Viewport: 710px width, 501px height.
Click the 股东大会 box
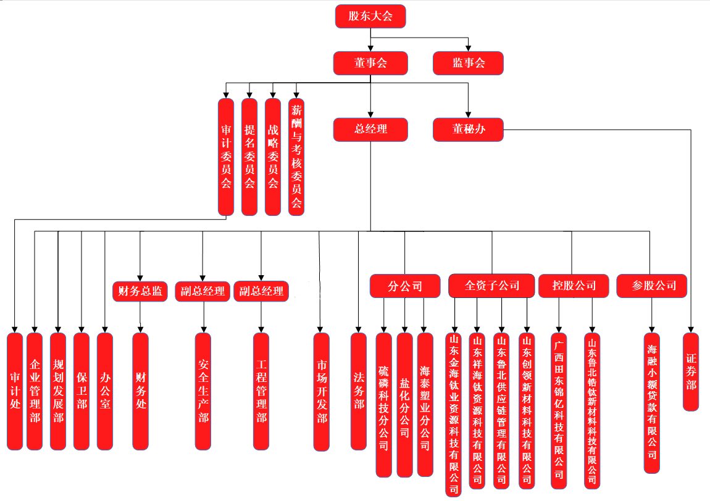click(370, 16)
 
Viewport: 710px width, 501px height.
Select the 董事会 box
click(370, 63)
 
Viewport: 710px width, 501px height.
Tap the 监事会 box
click(468, 63)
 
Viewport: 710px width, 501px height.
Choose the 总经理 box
click(370, 130)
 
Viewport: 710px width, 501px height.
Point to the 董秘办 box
click(468, 130)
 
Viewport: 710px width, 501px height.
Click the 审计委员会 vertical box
click(226, 157)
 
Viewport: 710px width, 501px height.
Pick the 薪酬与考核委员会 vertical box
click(296, 157)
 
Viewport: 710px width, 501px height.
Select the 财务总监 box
click(140, 291)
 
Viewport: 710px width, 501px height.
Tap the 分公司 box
click(405, 286)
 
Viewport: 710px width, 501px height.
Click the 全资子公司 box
click(491, 286)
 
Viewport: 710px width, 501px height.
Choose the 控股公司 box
click(574, 286)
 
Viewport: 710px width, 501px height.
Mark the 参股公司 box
click(651, 286)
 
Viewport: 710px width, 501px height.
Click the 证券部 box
click(691, 371)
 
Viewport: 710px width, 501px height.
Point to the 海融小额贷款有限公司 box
click(652, 403)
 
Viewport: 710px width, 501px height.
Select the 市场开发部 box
click(321, 392)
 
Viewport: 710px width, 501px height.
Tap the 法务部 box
click(359, 391)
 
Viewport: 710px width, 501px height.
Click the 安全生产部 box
click(203, 392)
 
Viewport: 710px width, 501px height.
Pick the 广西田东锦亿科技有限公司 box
click(559, 410)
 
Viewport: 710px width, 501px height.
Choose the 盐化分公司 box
click(404, 405)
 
